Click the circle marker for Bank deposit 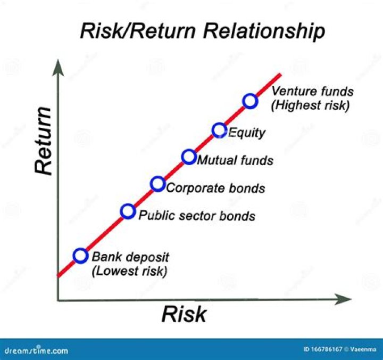(80, 256)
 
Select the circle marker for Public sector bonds (128, 211)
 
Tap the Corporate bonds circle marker (157, 184)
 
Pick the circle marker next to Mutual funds (188, 157)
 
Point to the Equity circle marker (219, 129)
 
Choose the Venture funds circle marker (250, 101)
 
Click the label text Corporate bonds (215, 188)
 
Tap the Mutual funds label (235, 160)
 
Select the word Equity (246, 133)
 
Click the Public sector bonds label (197, 216)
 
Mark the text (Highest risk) (310, 105)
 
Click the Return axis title (44, 140)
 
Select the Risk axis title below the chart (184, 314)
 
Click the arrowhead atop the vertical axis (57, 67)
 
